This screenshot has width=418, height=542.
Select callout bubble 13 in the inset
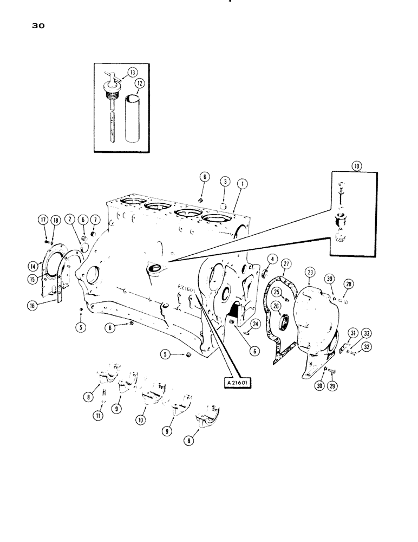point(132,72)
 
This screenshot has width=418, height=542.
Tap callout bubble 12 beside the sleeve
point(140,83)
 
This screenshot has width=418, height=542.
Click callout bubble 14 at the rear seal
point(34,266)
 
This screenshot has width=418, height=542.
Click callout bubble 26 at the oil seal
point(277,306)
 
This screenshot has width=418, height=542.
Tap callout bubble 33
point(367,333)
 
